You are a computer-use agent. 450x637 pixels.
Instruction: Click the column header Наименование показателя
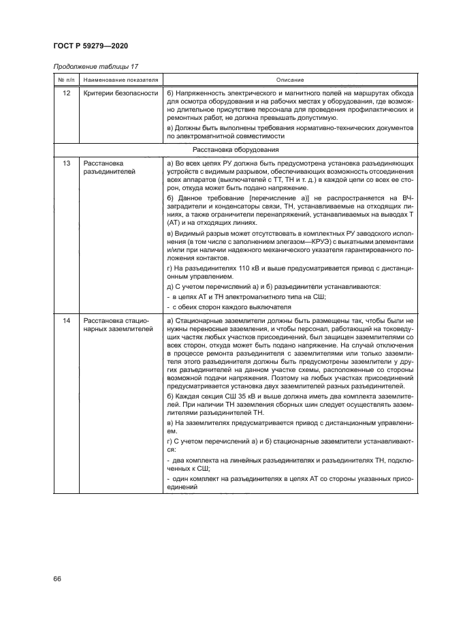(120, 80)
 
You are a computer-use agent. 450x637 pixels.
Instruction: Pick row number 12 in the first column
(66, 93)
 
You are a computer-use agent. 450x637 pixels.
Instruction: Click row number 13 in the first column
(66, 164)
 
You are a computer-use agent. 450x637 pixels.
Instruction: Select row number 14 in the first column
(66, 320)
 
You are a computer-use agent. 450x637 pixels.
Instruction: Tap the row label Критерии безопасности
(120, 93)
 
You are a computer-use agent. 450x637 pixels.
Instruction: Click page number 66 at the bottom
(58, 579)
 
